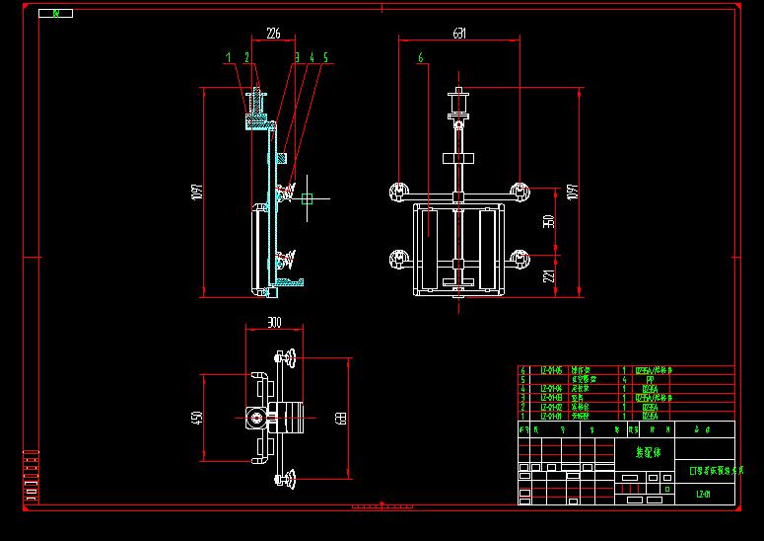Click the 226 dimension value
point(273,34)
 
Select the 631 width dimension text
point(459,34)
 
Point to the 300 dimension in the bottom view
point(274,323)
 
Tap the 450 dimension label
point(197,418)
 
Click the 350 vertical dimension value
point(550,221)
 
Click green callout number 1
point(229,58)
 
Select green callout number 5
point(326,58)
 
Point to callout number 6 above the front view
point(421,58)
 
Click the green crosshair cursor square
point(307,198)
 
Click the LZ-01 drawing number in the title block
point(703,495)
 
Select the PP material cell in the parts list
point(650,378)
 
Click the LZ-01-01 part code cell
point(552,416)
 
